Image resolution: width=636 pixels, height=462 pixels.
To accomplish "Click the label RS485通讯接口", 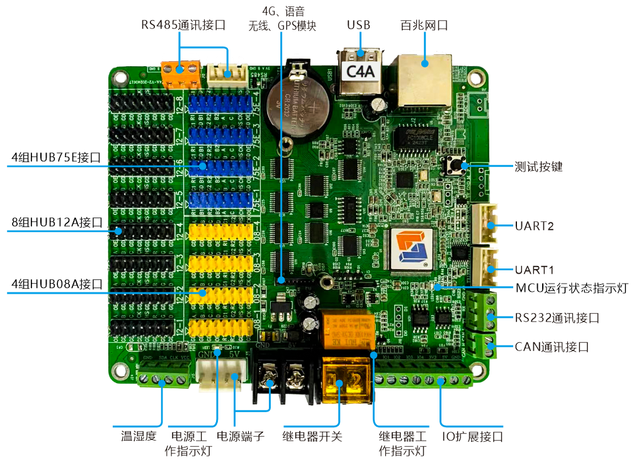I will tap(183, 26).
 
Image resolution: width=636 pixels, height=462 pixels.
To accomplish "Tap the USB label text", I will tap(358, 26).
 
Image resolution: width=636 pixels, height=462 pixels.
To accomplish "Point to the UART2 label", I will tap(534, 226).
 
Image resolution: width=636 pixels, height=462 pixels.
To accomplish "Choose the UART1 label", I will tap(534, 270).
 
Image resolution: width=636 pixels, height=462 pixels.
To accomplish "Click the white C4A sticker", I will tap(361, 71).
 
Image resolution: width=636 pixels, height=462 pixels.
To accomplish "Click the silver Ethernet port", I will tap(423, 82).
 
